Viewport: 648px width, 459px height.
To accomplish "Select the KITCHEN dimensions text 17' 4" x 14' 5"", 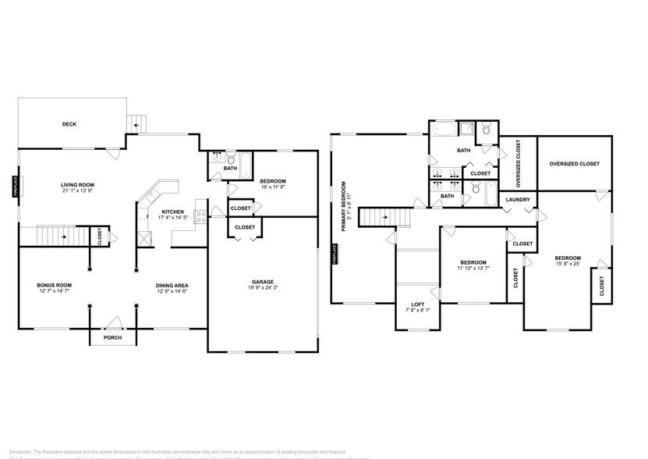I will click(x=172, y=218).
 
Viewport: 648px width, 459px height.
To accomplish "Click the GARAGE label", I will click(x=262, y=282).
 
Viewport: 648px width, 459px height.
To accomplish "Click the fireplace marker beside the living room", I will click(x=14, y=186).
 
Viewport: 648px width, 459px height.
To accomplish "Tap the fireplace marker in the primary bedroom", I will click(x=335, y=254).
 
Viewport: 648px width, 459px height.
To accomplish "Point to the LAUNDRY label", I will click(x=518, y=200).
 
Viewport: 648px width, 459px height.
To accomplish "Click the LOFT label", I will click(x=418, y=304).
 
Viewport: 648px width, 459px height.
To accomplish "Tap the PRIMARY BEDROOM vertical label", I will click(x=342, y=207).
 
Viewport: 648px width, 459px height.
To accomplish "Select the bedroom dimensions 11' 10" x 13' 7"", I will click(x=473, y=269).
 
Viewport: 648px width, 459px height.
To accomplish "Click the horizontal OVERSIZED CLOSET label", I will click(x=574, y=164).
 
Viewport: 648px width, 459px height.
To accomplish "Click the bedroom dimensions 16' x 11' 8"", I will click(x=273, y=187).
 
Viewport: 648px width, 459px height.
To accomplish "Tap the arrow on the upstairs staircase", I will click(x=384, y=219).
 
